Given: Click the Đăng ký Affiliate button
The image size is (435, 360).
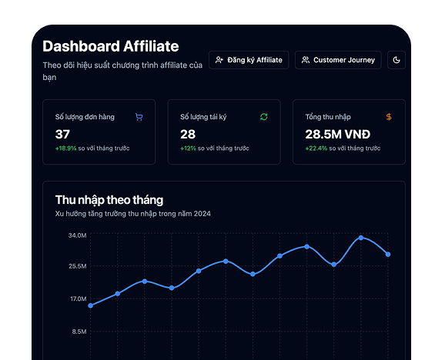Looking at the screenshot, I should (249, 60).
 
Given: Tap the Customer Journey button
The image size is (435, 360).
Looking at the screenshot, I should (338, 60).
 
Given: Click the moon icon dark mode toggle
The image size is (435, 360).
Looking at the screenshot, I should (397, 60).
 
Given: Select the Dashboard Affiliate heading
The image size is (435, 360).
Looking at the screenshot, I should (110, 46).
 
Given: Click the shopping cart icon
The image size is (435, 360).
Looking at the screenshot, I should (139, 117).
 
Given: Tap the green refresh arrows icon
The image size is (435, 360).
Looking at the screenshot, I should (264, 117).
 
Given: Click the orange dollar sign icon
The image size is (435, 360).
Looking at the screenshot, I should (389, 117).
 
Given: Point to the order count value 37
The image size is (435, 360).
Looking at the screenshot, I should (62, 134).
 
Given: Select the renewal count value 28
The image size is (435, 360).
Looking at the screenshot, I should (188, 134).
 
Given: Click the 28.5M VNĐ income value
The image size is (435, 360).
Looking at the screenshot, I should (338, 134).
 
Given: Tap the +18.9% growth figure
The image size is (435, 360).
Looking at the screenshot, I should (65, 148).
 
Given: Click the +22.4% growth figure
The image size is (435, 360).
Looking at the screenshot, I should (316, 148).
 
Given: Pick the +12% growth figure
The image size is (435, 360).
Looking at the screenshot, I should (188, 148).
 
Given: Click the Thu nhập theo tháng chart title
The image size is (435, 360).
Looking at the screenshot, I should (109, 200).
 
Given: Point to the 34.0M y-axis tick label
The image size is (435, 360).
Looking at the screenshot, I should (77, 235).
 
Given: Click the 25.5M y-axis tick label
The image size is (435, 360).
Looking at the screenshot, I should (77, 266).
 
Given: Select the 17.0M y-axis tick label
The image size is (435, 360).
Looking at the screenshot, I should (77, 298).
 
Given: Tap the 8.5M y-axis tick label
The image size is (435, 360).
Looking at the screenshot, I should (79, 332).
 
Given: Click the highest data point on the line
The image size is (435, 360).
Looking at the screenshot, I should (361, 238).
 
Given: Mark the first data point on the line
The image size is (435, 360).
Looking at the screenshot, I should (90, 305).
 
